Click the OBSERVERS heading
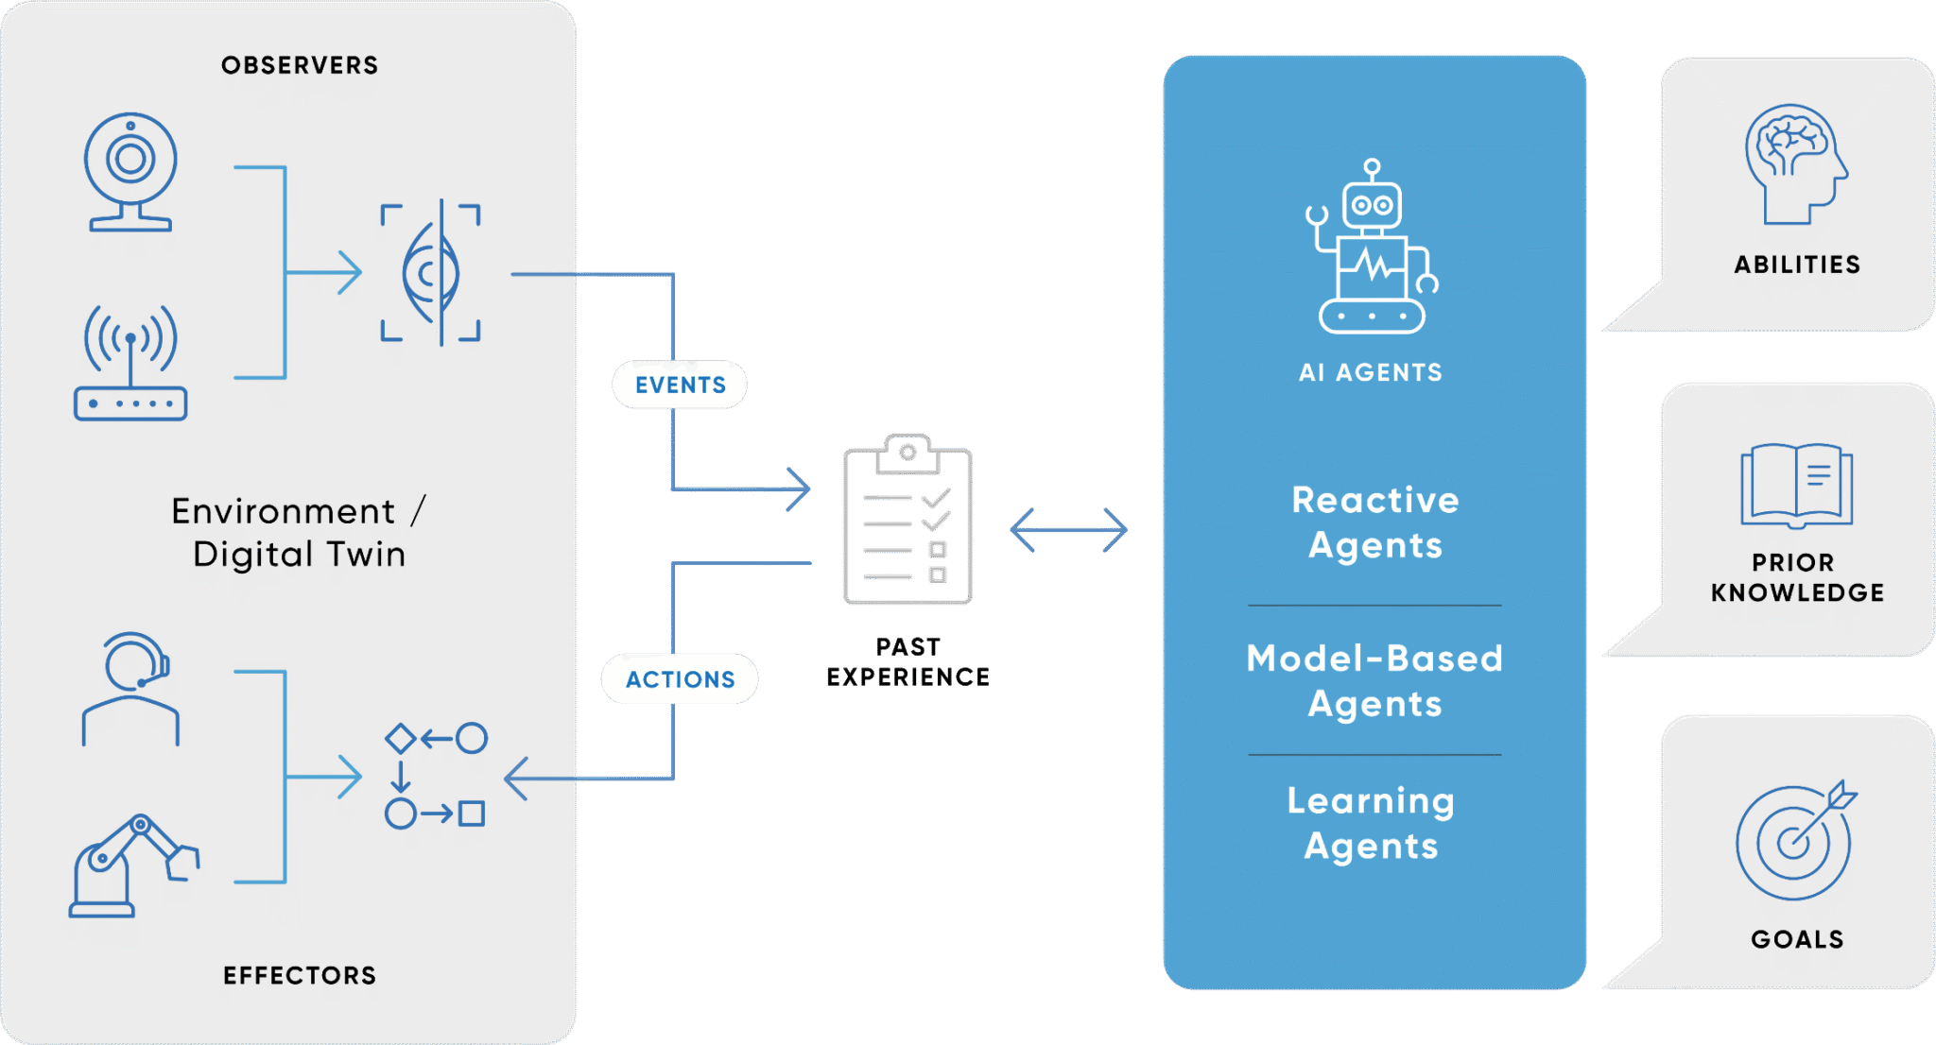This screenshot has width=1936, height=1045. pos(300,65)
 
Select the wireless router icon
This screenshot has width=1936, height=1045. pos(130,364)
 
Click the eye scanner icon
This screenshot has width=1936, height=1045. pos(431,273)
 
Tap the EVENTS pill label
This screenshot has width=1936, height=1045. pos(680,385)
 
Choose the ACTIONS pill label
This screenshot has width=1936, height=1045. pos(680,679)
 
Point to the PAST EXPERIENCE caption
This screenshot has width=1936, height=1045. pos(907,661)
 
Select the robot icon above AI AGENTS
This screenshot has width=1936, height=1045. pos(1373,248)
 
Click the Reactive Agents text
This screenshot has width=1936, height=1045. pos(1375,522)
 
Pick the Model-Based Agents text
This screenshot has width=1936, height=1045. pos(1375,681)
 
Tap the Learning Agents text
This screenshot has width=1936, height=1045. pos(1372,823)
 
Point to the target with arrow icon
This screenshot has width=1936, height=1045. pos(1795,840)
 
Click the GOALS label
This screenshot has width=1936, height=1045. pos(1797,939)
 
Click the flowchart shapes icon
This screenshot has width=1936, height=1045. pos(435,776)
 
